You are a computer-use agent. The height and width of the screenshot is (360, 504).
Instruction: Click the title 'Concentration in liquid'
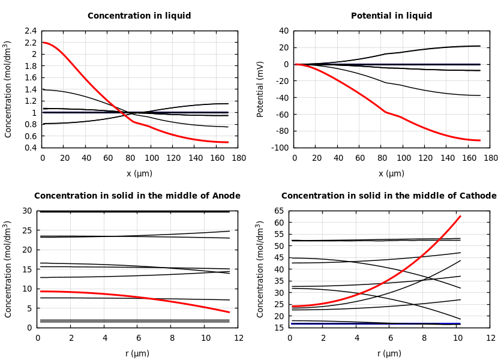(x=139, y=16)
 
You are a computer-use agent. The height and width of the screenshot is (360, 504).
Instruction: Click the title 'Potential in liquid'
(x=391, y=16)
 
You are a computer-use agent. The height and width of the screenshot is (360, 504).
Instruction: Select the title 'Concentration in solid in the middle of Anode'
(x=137, y=196)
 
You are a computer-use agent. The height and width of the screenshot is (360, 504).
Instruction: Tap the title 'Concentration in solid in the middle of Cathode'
(x=389, y=196)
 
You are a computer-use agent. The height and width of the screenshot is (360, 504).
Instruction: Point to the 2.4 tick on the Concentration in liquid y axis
(x=30, y=31)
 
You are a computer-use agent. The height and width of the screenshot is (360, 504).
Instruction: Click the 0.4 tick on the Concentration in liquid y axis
(x=30, y=148)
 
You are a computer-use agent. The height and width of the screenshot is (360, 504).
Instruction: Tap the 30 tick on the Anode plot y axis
(x=27, y=211)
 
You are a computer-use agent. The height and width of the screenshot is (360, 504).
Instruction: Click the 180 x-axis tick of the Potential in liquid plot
(x=491, y=158)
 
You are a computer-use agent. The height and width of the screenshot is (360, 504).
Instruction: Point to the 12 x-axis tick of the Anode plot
(x=239, y=338)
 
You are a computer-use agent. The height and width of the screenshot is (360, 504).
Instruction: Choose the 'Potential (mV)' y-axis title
(x=260, y=89)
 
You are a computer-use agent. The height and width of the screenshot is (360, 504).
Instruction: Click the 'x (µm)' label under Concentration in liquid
(x=139, y=174)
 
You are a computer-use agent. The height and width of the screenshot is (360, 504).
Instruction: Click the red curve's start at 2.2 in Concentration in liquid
(x=43, y=43)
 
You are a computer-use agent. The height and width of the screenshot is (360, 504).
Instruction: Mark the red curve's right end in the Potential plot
(x=480, y=140)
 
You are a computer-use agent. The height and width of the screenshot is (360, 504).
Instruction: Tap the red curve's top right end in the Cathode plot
(x=460, y=216)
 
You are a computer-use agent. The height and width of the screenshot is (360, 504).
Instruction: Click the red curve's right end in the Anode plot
(x=229, y=312)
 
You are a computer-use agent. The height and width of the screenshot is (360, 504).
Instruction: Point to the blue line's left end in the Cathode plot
(x=292, y=323)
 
